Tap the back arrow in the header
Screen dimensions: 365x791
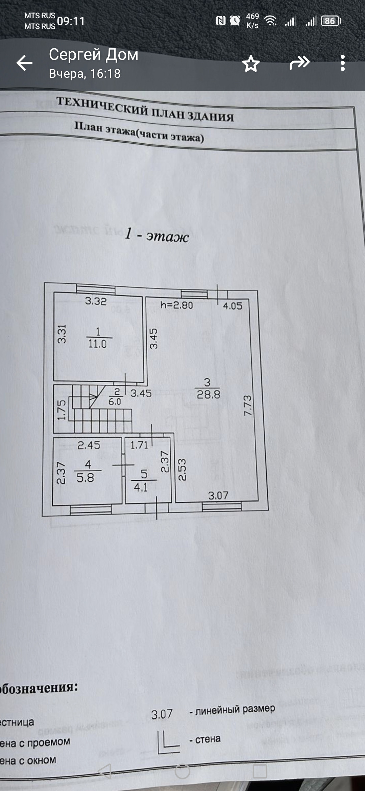(x=24, y=63)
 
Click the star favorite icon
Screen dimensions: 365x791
(x=251, y=64)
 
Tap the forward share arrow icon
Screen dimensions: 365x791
(x=299, y=63)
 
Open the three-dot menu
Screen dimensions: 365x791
(x=343, y=63)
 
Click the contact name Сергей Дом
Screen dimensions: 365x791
(x=94, y=54)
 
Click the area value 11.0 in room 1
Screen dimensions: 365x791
(x=97, y=344)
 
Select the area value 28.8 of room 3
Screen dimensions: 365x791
(x=209, y=394)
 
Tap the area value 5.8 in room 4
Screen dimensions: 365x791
(x=85, y=478)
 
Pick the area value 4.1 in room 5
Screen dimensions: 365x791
(x=141, y=487)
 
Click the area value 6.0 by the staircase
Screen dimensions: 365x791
(x=115, y=402)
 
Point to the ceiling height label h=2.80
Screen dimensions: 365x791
(x=176, y=305)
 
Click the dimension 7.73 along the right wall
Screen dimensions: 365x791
(x=248, y=406)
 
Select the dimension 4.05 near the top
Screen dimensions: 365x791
(x=233, y=306)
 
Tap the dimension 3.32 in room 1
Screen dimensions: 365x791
(x=96, y=301)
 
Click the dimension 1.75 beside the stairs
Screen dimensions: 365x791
(x=61, y=410)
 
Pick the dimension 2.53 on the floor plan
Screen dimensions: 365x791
(x=182, y=470)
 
